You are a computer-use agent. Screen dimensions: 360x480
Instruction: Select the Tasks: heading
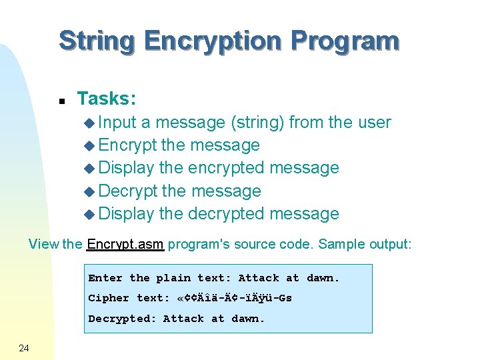click(x=107, y=99)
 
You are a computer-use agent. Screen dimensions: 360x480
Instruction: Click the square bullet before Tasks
click(x=61, y=101)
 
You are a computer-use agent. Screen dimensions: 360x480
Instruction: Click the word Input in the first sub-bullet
click(x=117, y=123)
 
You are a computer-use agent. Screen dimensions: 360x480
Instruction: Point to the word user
click(x=374, y=123)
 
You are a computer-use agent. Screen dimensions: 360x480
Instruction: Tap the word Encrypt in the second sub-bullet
click(x=127, y=145)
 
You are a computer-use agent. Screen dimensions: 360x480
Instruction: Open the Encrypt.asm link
click(x=125, y=244)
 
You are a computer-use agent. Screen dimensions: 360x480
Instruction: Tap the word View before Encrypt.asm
click(x=44, y=244)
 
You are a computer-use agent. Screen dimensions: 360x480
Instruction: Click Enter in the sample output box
click(x=105, y=278)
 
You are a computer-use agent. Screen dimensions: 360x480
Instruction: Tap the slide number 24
click(x=24, y=347)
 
